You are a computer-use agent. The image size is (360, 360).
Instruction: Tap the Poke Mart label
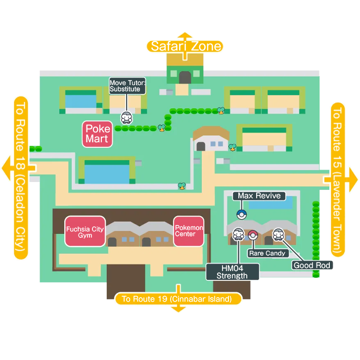coord(97,134)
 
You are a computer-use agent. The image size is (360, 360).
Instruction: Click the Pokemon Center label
coord(188,231)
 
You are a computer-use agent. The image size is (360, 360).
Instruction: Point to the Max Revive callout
coord(259,196)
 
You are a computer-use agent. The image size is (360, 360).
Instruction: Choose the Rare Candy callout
coord(267,253)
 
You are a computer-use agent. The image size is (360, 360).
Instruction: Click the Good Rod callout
coord(312,266)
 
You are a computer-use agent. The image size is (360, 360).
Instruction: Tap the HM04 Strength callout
coord(232,272)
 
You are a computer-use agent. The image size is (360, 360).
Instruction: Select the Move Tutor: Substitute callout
coord(127,86)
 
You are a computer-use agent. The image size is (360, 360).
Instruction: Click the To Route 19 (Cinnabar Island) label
coord(177,299)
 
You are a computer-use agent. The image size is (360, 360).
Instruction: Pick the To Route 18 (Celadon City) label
coord(20,178)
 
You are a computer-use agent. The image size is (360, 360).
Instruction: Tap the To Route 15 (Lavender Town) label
coord(338,179)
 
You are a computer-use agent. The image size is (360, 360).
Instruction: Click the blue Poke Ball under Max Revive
coord(241,214)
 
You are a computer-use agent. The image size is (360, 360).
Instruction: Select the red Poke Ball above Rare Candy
coord(253,234)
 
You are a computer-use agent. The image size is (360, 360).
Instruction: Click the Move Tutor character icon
coord(127,118)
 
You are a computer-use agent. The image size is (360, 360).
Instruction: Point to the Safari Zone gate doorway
coord(185,77)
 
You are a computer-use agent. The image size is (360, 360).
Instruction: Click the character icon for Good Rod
coord(278,233)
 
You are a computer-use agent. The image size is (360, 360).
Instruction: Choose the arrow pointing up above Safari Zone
coord(185,36)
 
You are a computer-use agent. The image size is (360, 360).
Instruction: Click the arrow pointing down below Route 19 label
coord(177,310)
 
